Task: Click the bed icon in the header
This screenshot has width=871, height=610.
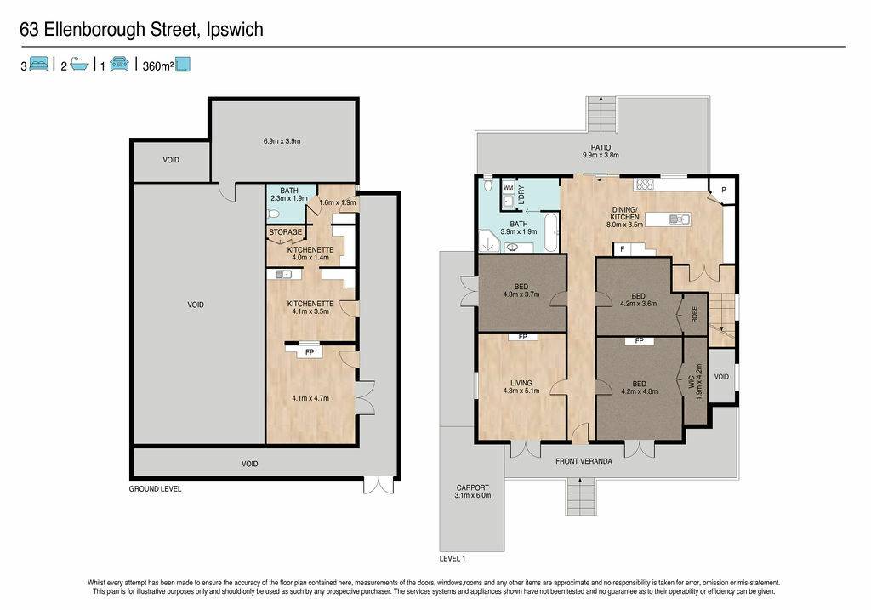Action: coord(39,64)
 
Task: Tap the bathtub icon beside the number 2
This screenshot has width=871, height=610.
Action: coord(79,64)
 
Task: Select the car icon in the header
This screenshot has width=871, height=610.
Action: coord(119,64)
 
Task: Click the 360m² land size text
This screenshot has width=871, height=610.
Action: coord(157,66)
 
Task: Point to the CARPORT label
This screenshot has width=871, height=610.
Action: coord(473,487)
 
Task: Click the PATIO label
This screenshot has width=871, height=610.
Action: coord(601,147)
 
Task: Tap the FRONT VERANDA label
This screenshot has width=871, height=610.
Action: coord(584,461)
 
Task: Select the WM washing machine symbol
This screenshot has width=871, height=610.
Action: coord(509,188)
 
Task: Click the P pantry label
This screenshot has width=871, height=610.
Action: coord(723,190)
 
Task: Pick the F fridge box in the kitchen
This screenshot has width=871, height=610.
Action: coord(622,249)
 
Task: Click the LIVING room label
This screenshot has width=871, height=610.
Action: coord(521,383)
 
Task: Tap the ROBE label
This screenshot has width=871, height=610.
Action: coord(694,315)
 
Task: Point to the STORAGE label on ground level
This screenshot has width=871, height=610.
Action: coord(286,231)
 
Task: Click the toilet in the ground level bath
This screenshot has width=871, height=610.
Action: coord(273,214)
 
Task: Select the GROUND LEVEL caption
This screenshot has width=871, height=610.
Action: coord(155,489)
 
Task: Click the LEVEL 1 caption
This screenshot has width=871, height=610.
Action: coord(453,558)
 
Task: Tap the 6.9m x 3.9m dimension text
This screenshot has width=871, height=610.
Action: coord(282,141)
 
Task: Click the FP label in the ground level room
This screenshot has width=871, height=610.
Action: coord(310,352)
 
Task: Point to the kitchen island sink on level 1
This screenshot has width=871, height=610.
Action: coord(679,219)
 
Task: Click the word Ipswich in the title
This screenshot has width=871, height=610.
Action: coord(235,29)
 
